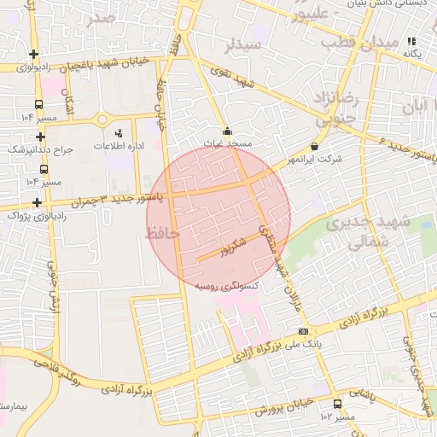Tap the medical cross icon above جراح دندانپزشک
[x=40, y=136]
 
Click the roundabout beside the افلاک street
[x=102, y=119]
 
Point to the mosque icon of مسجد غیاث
[x=227, y=132]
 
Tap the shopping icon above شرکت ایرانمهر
[x=315, y=147]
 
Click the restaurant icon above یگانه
[x=411, y=41]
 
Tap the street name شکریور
[x=231, y=248]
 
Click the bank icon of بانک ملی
[x=303, y=331]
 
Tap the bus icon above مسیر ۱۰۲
[x=337, y=404]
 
